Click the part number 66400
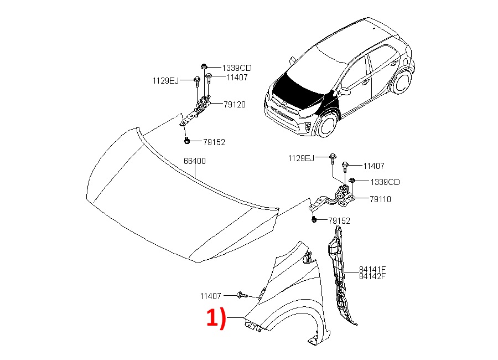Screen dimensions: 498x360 [194, 161]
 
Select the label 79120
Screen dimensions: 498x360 [235, 105]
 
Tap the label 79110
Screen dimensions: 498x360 [380, 199]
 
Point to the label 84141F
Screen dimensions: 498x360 [372, 270]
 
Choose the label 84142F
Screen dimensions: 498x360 [372, 276]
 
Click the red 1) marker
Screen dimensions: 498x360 [216, 317]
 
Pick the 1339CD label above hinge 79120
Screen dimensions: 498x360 [237, 68]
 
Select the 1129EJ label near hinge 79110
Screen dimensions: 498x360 [301, 158]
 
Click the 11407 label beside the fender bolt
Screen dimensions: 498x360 [210, 296]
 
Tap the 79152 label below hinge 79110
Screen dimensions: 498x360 [339, 221]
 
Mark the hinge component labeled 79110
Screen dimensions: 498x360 [336, 199]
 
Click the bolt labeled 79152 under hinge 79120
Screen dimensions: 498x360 [187, 140]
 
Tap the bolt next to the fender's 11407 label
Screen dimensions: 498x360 [242, 295]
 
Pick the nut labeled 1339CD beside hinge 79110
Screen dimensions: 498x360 [351, 181]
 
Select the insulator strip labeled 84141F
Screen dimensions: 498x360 [339, 274]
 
